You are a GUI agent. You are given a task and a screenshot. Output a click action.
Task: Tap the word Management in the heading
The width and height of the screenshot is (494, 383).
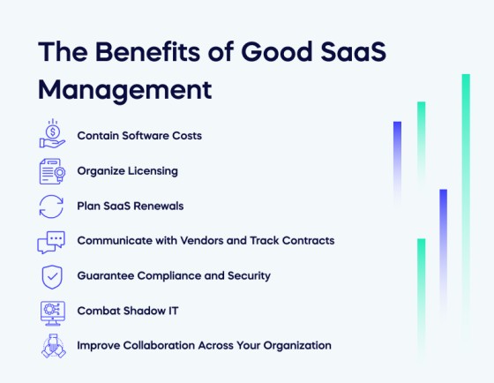pyautogui.click(x=124, y=90)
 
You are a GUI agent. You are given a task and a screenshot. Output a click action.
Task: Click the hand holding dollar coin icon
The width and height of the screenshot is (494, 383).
pyautogui.click(x=52, y=135)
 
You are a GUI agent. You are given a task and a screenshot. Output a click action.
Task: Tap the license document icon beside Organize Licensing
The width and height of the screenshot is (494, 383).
pyautogui.click(x=52, y=170)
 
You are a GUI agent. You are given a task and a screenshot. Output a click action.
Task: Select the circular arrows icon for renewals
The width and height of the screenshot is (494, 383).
pyautogui.click(x=52, y=206)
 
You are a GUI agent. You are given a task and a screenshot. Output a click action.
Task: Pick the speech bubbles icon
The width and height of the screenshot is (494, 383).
pyautogui.click(x=52, y=241)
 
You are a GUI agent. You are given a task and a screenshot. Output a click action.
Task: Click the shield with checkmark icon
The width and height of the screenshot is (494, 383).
pyautogui.click(x=52, y=276)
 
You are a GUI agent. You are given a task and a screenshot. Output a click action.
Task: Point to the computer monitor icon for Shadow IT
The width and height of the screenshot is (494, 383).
pyautogui.click(x=52, y=311)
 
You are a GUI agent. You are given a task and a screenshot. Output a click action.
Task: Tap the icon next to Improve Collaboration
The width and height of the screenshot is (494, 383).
pyautogui.click(x=52, y=346)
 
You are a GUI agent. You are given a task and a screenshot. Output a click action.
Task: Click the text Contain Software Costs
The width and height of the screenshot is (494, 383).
pyautogui.click(x=139, y=136)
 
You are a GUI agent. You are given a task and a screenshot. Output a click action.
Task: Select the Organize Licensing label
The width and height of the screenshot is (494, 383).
pyautogui.click(x=127, y=170)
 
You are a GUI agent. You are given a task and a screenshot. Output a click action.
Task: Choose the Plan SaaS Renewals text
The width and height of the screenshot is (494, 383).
pyautogui.click(x=130, y=206)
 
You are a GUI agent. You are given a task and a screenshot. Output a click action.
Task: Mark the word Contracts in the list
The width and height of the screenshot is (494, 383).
pyautogui.click(x=310, y=240)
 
